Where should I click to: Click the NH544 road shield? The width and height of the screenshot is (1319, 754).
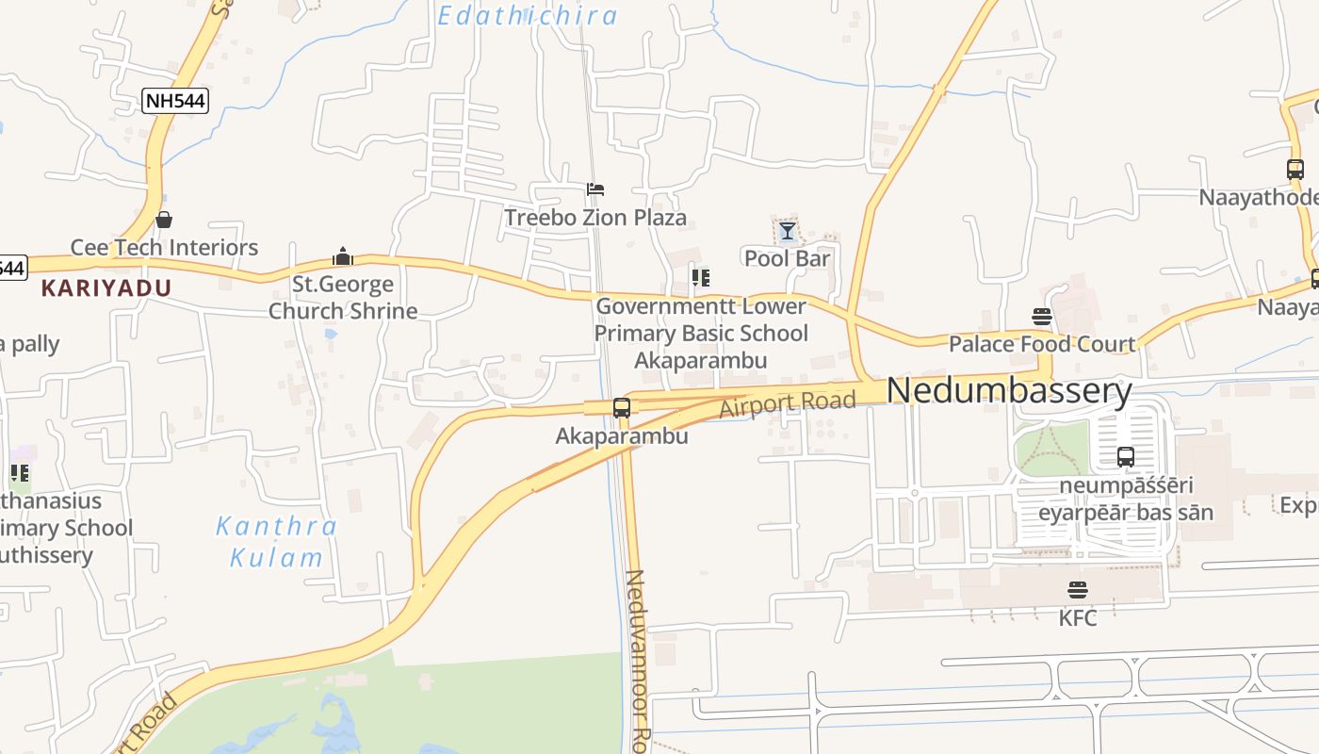175,101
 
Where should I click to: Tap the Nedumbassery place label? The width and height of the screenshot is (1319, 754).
1009,390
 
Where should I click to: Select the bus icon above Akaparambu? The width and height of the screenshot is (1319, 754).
622,408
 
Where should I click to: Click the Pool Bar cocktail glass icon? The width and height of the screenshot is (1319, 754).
787,231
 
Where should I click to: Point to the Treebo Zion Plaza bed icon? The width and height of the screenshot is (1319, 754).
595,189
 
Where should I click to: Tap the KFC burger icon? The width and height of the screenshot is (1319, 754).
1078,590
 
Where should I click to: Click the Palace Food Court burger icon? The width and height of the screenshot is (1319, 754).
1042,316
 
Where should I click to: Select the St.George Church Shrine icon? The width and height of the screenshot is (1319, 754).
343,256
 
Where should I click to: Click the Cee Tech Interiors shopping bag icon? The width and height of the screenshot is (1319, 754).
164,220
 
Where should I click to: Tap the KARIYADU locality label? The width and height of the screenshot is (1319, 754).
106,288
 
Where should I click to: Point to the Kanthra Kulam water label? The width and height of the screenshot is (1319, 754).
277,541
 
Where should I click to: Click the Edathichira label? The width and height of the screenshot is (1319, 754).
528,15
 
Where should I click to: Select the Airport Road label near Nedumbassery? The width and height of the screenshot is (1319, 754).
788,403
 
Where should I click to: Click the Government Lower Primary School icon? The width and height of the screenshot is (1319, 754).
700,277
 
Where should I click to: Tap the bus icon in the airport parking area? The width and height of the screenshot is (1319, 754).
1126,457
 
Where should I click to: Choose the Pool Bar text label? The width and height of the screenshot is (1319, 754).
788,258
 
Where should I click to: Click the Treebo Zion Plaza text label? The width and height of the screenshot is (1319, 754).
595,218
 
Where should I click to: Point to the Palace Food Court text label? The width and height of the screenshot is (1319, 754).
1042,344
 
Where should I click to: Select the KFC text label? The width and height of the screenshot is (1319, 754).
1078,618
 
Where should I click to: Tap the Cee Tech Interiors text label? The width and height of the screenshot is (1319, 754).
164,248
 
